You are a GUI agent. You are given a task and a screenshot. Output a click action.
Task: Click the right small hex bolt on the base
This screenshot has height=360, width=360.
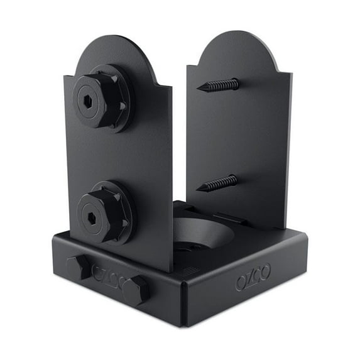[135, 290]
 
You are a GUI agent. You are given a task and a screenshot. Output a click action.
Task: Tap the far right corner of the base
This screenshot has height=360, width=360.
[307, 236]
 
